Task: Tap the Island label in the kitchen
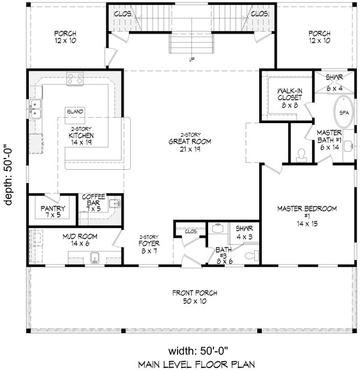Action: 75,112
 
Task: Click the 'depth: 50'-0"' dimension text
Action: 9,174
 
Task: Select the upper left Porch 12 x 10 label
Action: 64,38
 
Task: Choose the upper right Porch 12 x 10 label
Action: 320,38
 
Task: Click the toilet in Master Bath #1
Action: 301,154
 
